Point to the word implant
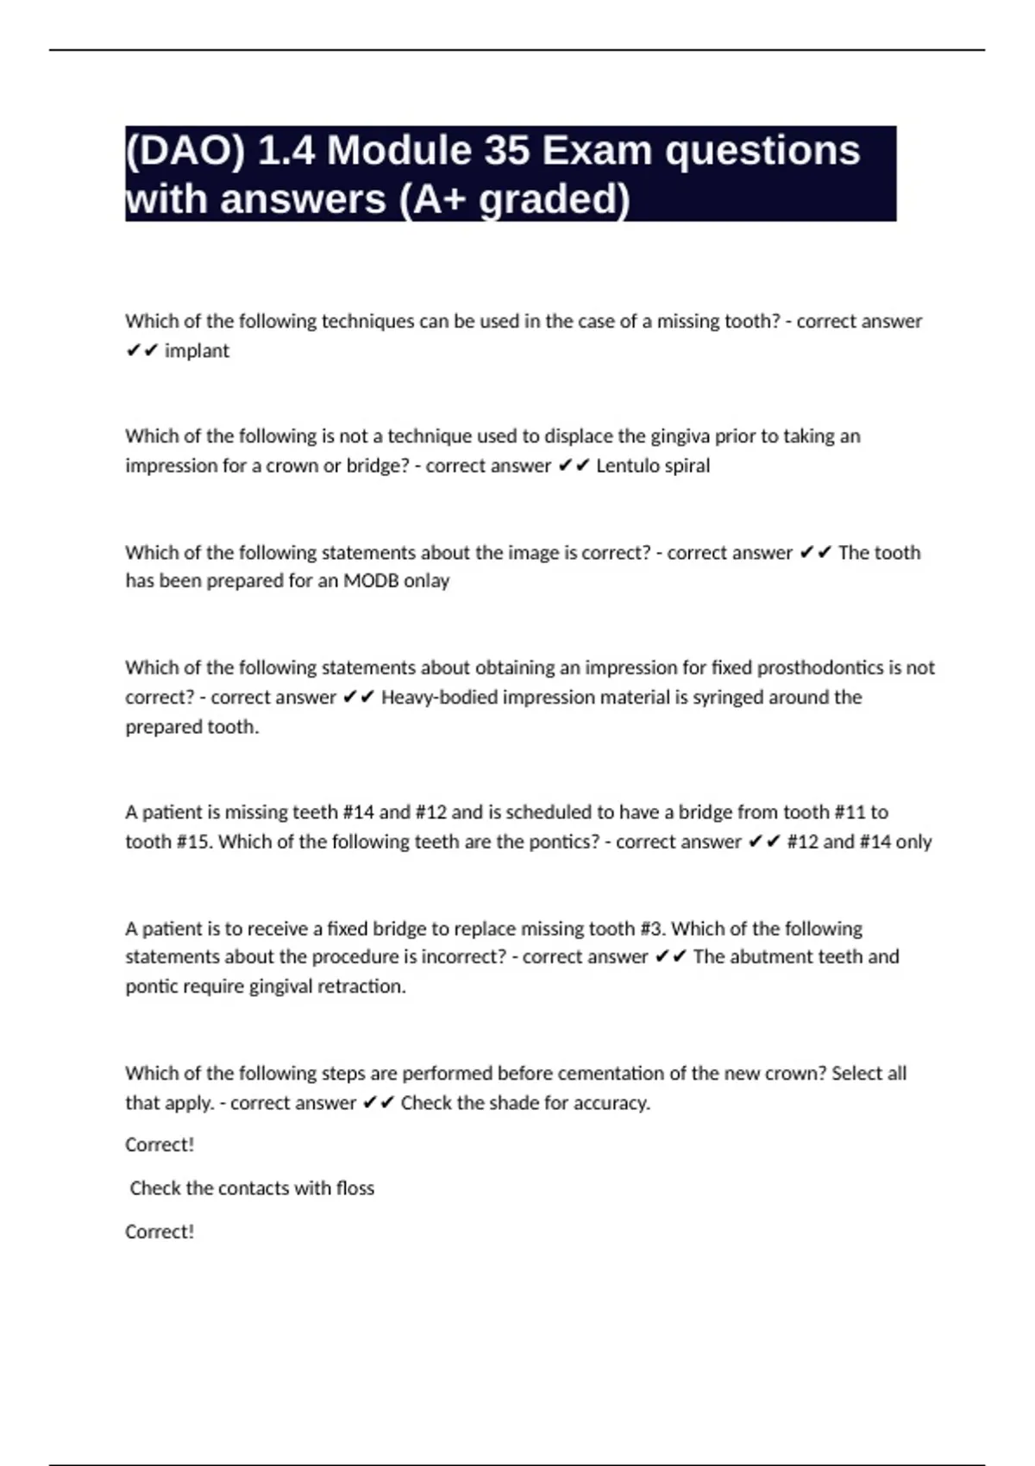point(197,351)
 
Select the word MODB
point(371,581)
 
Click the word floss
point(354,1188)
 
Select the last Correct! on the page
point(160,1231)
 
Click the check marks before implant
point(141,351)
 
